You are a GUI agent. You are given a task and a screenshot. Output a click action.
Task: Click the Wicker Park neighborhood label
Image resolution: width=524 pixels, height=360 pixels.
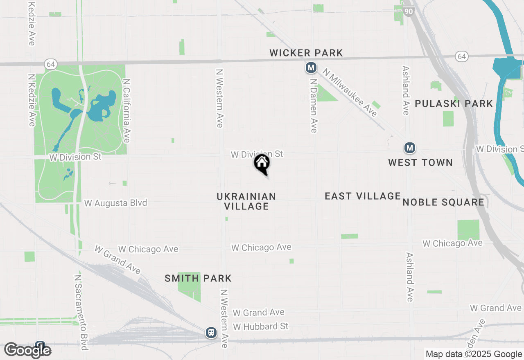coord(306,53)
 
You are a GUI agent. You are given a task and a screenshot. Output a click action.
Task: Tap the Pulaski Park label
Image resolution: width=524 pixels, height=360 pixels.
coord(454,103)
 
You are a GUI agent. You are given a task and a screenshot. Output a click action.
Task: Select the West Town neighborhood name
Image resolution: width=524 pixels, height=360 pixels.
coord(420,162)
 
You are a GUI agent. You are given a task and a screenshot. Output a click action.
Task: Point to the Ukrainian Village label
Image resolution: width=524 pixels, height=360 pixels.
coord(246,201)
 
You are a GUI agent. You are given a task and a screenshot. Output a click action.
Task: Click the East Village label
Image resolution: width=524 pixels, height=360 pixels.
coord(363,196)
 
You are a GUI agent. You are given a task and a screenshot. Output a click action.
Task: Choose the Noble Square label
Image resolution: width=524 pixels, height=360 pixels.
coord(443,202)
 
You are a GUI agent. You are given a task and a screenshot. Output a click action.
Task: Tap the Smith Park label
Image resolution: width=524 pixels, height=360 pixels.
coord(198,279)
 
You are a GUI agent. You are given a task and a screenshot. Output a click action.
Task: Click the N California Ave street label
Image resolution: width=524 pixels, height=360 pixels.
coord(126,111)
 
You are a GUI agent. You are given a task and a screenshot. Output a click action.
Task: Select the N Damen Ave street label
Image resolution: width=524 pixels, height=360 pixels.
coord(314,106)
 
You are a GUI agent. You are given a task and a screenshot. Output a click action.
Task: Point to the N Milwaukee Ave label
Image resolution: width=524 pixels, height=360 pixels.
coord(350,92)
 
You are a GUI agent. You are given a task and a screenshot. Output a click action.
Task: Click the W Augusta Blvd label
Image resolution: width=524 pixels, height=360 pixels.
coord(115,203)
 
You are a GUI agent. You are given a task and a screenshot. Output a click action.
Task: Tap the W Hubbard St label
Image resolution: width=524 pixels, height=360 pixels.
coord(261,326)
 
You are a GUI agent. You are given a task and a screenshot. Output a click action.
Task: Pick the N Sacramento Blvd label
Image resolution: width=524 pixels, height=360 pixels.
coord(81,312)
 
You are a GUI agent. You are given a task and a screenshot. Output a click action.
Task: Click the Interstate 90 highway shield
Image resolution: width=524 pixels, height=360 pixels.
coord(408,11)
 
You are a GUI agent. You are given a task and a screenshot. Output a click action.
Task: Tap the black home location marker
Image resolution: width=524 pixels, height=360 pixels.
coord(262,163)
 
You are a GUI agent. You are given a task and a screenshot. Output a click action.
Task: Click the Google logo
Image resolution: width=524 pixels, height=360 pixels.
coord(28,350)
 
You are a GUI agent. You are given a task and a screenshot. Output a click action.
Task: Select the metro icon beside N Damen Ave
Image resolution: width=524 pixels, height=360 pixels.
coord(311,67)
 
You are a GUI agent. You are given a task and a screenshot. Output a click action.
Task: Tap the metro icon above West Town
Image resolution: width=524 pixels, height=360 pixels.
coord(409,148)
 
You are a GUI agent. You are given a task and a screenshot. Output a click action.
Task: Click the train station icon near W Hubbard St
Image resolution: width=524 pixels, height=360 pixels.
coord(211,332)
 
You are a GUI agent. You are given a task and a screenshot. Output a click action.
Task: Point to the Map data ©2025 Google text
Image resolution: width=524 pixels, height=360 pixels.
coord(474,354)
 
